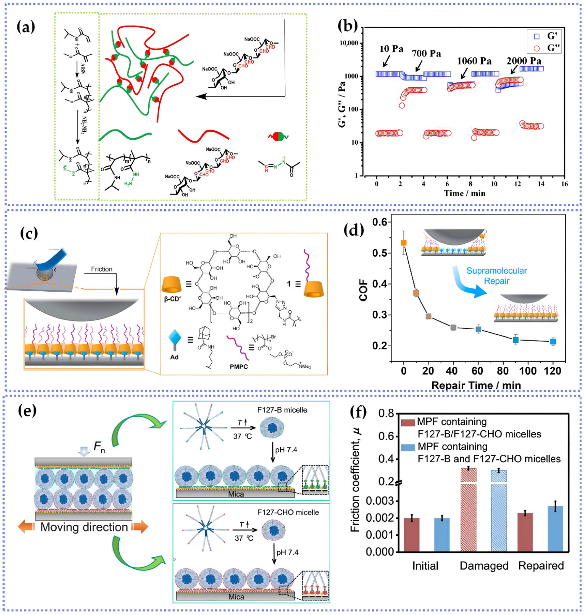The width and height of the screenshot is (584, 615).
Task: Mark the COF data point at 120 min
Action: [x=553, y=342]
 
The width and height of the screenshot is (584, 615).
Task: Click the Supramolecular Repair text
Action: [x=497, y=276]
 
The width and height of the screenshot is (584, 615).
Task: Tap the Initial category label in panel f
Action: [x=425, y=566]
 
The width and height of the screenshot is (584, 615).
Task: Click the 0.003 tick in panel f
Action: [x=380, y=501]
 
